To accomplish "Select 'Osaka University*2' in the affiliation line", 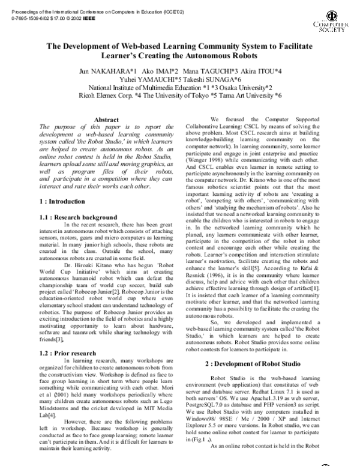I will pyautogui.click(x=234, y=87).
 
